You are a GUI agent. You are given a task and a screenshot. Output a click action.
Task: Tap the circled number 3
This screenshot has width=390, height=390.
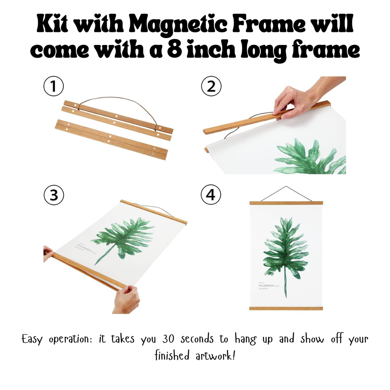[53, 195]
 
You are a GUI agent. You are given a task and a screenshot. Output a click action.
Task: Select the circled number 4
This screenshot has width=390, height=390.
[211, 195]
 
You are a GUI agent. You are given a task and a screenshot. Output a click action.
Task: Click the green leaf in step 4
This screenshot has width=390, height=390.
[286, 248]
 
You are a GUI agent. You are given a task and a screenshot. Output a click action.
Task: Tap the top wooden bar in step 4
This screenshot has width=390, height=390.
[286, 203]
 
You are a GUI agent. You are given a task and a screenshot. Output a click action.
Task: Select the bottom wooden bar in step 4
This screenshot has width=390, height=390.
[286, 308]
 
